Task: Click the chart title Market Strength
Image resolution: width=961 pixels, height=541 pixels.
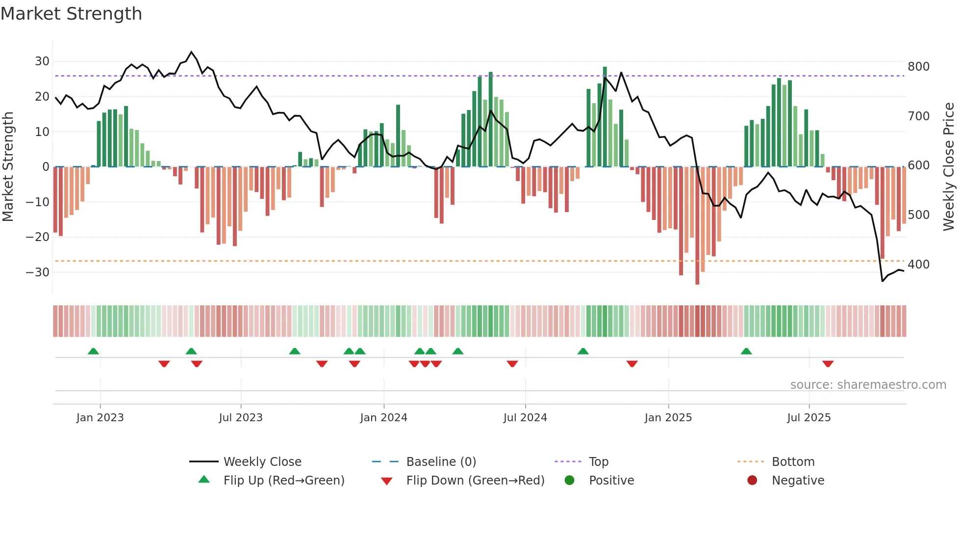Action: click(71, 14)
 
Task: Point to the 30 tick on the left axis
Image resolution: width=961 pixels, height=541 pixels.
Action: click(42, 61)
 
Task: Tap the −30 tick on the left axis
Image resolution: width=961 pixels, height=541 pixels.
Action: click(38, 272)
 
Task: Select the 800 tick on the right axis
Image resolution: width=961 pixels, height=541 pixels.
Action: click(918, 67)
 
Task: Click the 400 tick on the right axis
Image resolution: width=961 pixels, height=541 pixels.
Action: click(918, 265)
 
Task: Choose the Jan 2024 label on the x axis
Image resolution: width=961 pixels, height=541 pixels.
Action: click(383, 418)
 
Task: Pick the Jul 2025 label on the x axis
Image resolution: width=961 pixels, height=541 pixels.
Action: click(809, 418)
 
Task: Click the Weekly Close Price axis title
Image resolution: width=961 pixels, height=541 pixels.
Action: click(949, 167)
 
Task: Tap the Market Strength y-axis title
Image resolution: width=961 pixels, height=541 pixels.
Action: click(8, 167)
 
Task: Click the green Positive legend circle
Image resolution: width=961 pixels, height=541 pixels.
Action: click(569, 480)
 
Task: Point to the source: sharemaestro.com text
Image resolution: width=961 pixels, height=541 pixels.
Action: click(868, 385)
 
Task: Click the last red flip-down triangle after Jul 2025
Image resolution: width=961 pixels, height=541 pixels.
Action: click(828, 364)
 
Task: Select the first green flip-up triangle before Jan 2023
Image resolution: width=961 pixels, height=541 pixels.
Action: click(93, 351)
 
